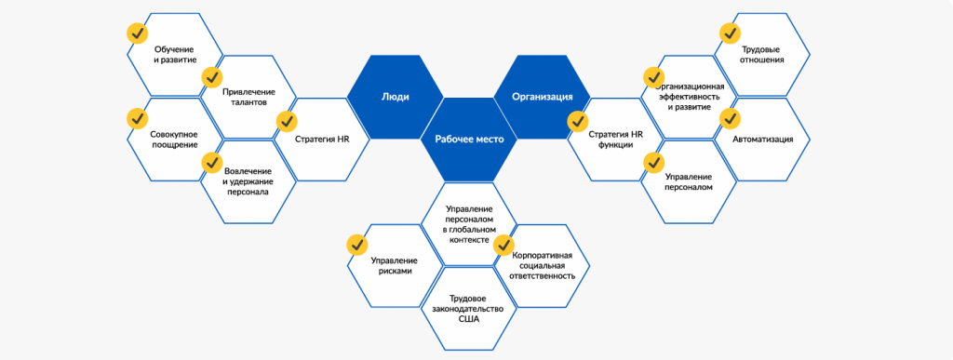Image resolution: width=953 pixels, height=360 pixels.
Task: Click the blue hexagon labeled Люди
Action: pos(395,97)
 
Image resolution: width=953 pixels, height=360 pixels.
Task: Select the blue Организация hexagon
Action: pos(542,97)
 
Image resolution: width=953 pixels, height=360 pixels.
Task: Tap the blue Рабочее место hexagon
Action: pos(469,139)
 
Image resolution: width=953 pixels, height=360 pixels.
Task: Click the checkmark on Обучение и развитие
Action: pos(138,33)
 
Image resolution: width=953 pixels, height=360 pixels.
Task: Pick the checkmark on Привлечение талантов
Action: pos(211,77)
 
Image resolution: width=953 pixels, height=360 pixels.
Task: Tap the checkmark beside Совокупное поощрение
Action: pos(138,117)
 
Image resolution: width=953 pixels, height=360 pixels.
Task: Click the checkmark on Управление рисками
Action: pos(357,246)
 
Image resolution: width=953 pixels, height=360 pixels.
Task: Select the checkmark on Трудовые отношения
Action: pos(729,33)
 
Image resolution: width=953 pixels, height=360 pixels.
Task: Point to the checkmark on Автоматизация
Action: pos(729,118)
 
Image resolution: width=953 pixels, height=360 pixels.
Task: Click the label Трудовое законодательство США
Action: pos(469,309)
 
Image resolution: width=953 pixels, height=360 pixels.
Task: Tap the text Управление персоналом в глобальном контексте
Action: pos(469,224)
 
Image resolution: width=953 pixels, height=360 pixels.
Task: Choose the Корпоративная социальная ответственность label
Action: pos(543,265)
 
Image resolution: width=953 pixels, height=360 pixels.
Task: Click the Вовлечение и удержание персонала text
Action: pos(248,181)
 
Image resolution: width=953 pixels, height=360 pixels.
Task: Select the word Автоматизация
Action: pos(763,140)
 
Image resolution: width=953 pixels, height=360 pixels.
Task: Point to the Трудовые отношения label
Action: pos(762,55)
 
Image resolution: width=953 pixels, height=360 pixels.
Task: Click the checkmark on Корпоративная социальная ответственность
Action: pos(503,246)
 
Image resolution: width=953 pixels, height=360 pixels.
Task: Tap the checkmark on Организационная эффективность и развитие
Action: pos(654,77)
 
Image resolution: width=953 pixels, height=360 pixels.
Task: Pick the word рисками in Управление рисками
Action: pos(395,272)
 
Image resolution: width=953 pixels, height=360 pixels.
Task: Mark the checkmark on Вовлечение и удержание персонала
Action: pos(211,162)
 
